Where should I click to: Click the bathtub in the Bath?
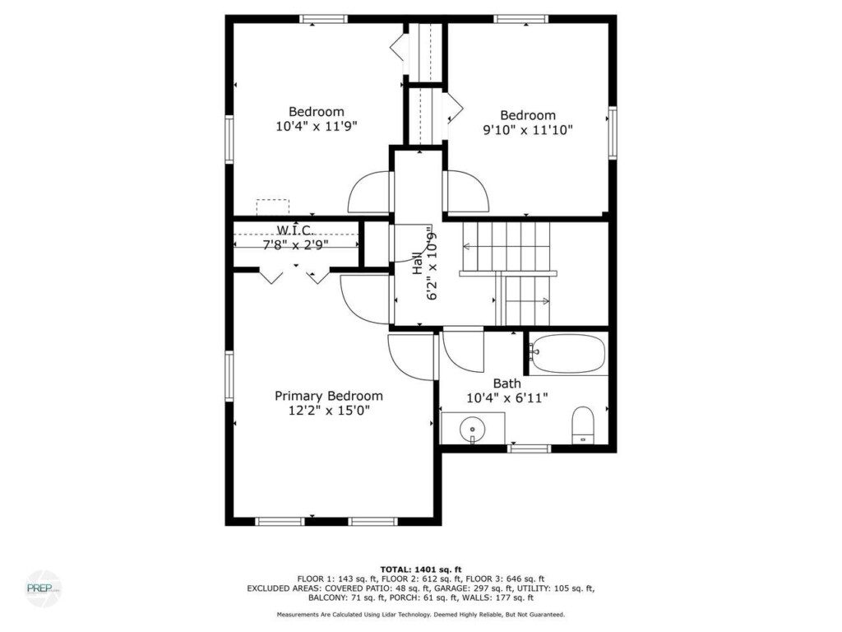click(x=567, y=354)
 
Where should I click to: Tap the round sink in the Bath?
click(x=472, y=429)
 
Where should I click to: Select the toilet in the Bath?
click(x=583, y=425)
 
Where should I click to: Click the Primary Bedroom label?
click(x=329, y=396)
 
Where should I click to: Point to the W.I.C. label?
click(x=295, y=230)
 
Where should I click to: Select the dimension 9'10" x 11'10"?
click(x=528, y=129)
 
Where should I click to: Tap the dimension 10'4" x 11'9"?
click(x=317, y=126)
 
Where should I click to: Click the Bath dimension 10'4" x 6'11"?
click(x=507, y=398)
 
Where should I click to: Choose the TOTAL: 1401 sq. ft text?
click(x=421, y=569)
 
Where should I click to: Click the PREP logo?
click(x=43, y=588)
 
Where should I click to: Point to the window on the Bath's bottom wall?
click(x=530, y=448)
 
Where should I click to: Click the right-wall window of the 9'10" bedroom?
click(x=612, y=132)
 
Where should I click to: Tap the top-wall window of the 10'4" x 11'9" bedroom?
click(x=323, y=20)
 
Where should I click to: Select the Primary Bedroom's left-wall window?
click(x=229, y=376)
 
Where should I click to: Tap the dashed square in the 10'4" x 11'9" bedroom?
click(x=272, y=207)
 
